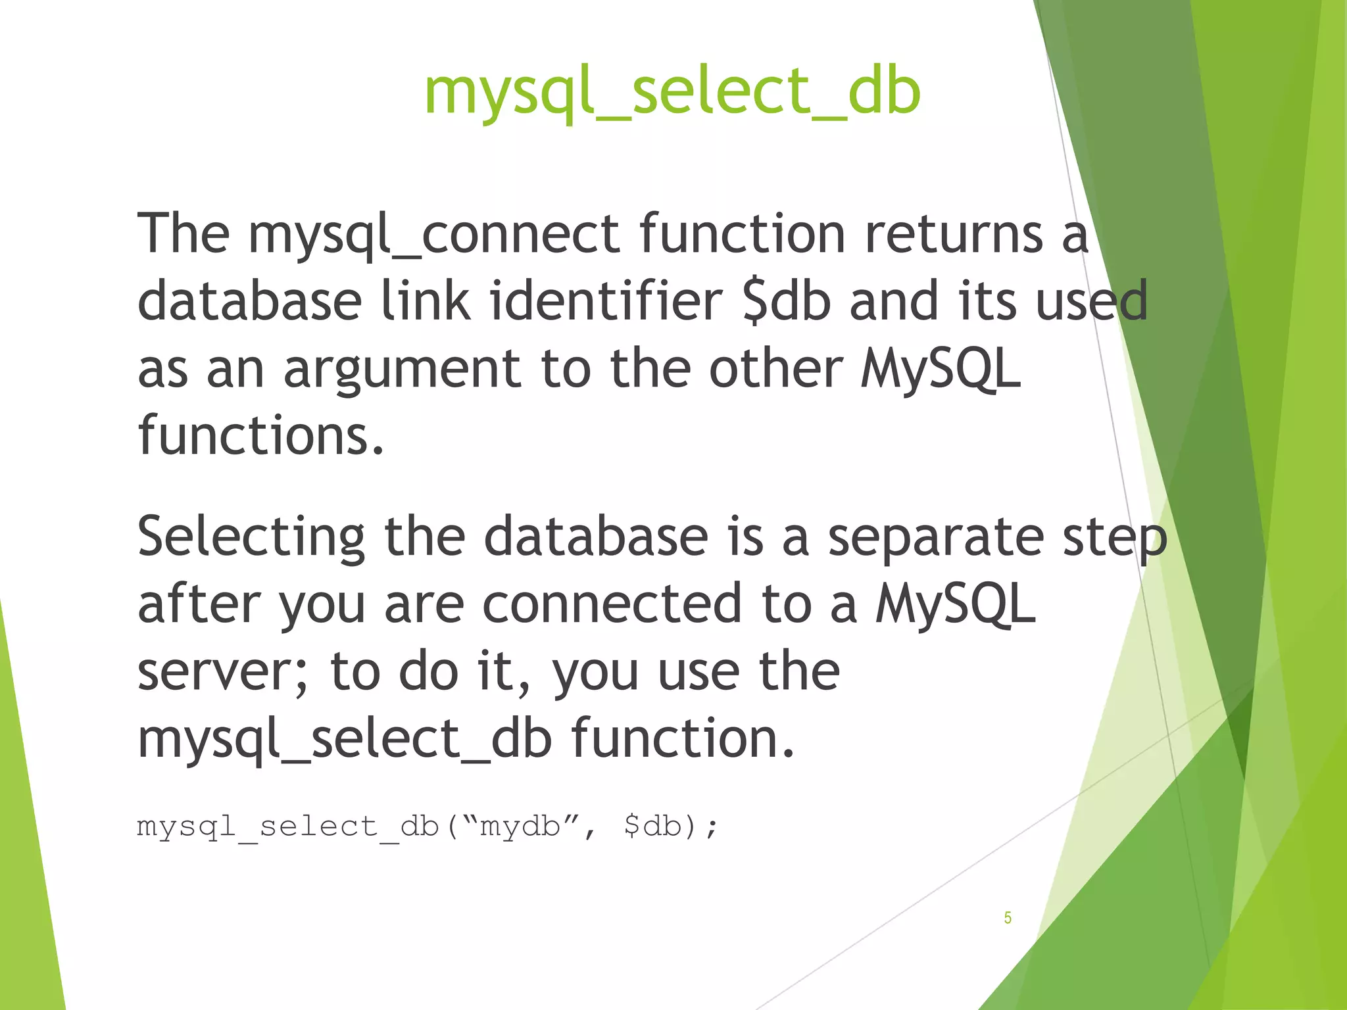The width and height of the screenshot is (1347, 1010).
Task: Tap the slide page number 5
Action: tap(1007, 918)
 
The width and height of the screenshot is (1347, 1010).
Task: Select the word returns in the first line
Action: tap(954, 235)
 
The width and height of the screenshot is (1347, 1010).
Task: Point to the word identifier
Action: tap(605, 301)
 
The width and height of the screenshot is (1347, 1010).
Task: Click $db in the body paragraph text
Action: tap(787, 301)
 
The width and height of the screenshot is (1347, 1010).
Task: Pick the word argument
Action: tap(403, 370)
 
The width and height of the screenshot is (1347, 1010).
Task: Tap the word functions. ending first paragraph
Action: tap(260, 435)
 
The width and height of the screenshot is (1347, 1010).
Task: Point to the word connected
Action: tap(612, 605)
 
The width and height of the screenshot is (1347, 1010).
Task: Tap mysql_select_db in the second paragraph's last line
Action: tap(345, 739)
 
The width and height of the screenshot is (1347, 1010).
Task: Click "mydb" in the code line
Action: tap(520, 826)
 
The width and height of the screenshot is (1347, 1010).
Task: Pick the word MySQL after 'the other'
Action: tap(941, 370)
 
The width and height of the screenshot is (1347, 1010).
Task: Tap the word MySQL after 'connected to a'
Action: tap(955, 605)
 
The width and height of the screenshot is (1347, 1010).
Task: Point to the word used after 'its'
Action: tap(1092, 301)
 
